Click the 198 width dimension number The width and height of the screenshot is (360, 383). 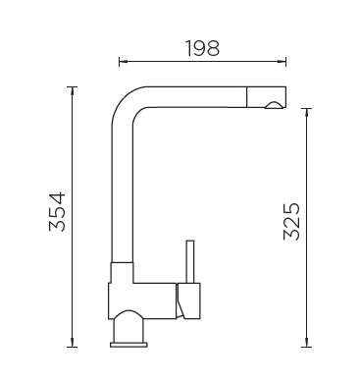tap(203, 48)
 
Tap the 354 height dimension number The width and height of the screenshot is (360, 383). tap(58, 212)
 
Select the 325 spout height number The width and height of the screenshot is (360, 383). tap(291, 222)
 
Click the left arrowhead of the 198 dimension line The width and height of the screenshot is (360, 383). tap(123, 61)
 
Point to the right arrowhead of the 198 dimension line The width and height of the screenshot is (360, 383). tap(283, 61)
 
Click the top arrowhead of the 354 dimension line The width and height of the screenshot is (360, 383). tap(72, 90)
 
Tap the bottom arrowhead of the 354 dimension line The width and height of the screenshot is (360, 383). tap(72, 343)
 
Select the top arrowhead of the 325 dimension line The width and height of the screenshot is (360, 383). tap(306, 112)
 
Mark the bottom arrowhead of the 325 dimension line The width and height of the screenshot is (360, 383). tap(306, 343)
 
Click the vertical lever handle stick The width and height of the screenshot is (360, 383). tap(190, 261)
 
